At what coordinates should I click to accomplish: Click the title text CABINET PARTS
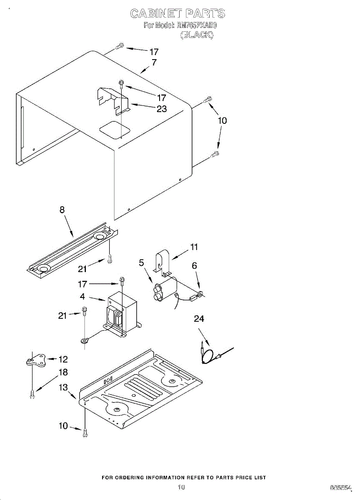coord(178,14)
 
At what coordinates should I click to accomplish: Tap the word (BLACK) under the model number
coord(197,35)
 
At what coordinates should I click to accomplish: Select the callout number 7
coord(154,63)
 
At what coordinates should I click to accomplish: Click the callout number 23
coord(161,109)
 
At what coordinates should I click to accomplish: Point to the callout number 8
coord(62,210)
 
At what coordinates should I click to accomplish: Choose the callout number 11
coord(194,247)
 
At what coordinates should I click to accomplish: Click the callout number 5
coord(142,263)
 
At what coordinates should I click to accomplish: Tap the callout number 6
coord(194,266)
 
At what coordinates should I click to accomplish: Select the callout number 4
coord(82,297)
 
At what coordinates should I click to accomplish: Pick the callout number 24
coord(199,319)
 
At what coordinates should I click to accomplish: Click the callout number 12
coord(63,359)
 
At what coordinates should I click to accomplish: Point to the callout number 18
coord(63,372)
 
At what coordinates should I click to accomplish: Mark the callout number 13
coord(63,388)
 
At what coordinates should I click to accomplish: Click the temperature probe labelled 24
coord(210,355)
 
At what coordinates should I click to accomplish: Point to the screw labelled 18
coord(32,393)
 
